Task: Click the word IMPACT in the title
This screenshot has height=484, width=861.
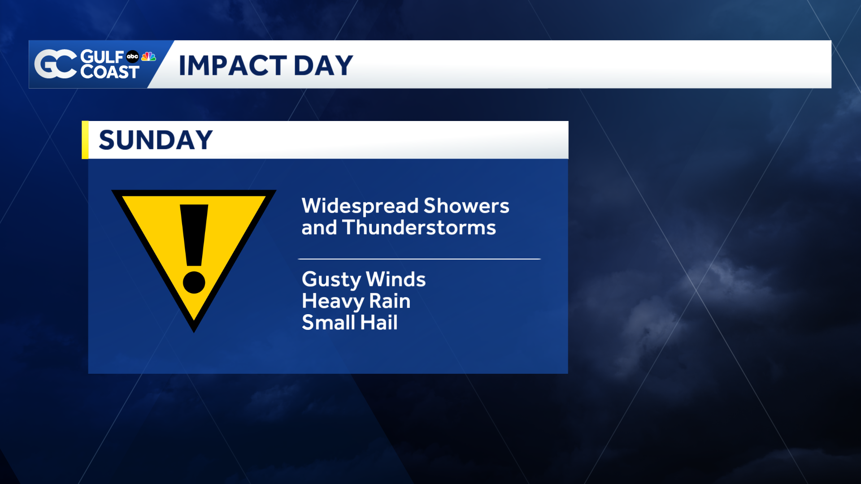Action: tap(233, 65)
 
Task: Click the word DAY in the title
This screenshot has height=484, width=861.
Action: tap(323, 65)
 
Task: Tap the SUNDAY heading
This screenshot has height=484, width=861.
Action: tap(156, 140)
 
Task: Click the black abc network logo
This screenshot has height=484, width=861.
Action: tap(132, 56)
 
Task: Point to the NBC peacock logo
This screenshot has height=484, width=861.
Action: tap(148, 56)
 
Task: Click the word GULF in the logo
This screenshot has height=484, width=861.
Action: tap(102, 57)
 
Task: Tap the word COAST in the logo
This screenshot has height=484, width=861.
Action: tap(110, 72)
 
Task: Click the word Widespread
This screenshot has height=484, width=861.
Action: tap(360, 206)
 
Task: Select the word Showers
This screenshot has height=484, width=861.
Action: tap(466, 206)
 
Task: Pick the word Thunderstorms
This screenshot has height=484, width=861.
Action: tap(419, 227)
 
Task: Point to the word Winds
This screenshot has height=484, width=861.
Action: tap(396, 279)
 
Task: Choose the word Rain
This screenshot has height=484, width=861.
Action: tap(390, 301)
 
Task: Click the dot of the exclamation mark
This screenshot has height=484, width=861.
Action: tap(194, 282)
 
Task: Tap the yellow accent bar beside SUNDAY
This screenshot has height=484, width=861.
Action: tap(85, 140)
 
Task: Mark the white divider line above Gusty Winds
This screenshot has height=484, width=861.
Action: tap(419, 259)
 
